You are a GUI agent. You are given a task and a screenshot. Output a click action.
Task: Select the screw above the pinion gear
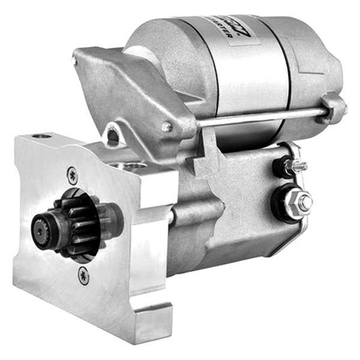tap(73, 176)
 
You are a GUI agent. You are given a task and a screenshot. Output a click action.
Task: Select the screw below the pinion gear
tap(83, 275)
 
